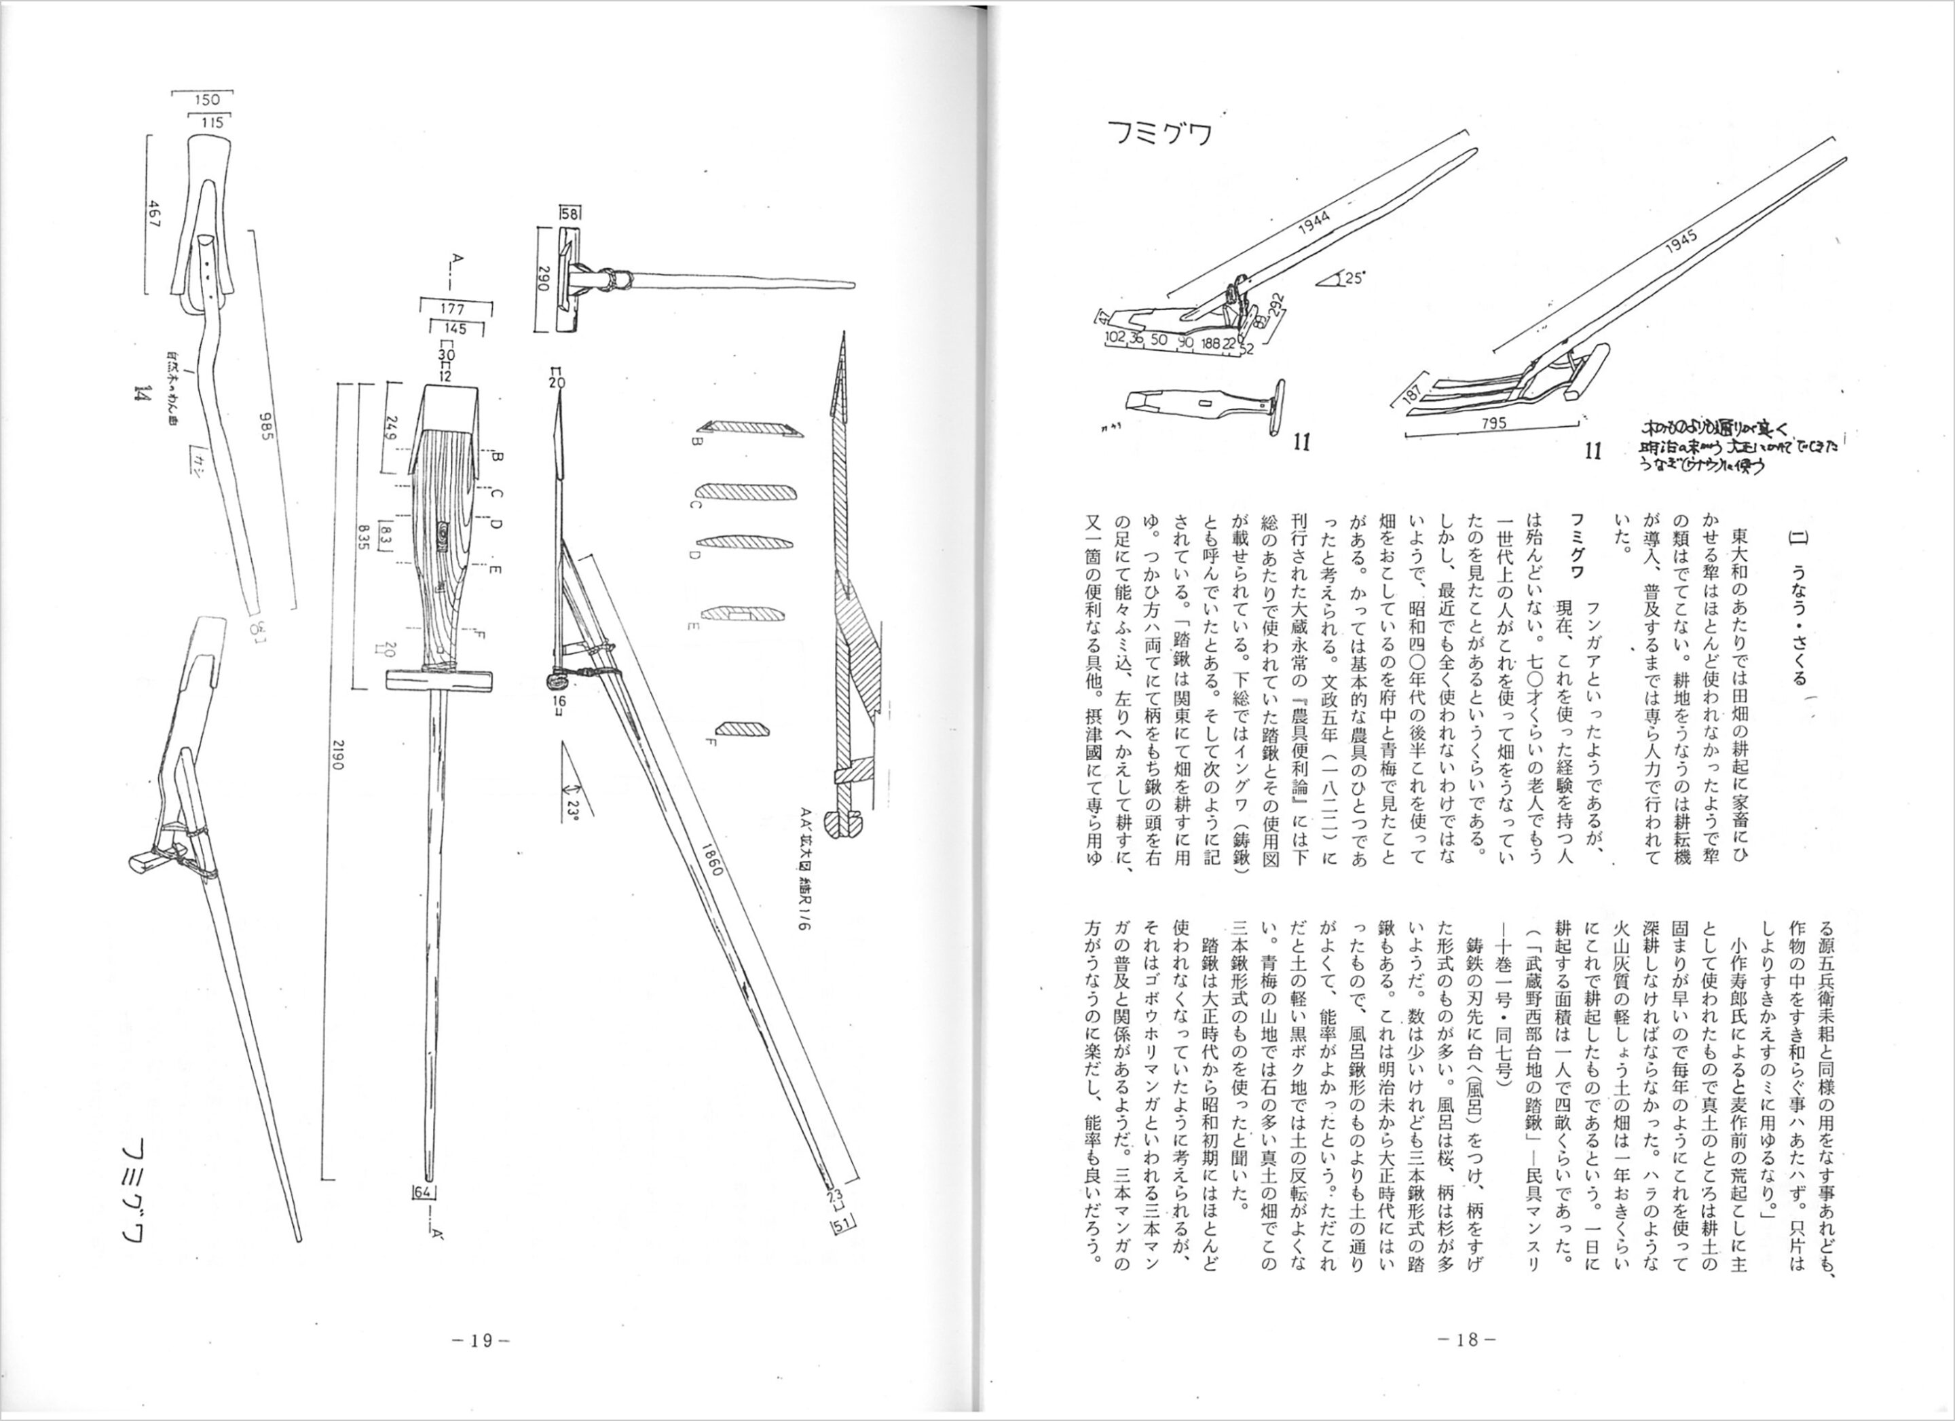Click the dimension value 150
[207, 100]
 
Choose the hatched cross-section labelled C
[744, 493]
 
